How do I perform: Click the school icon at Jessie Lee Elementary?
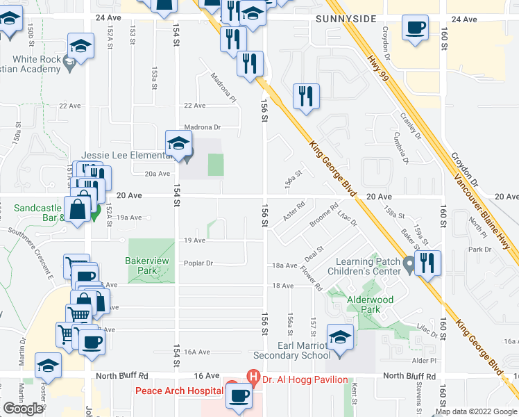178,142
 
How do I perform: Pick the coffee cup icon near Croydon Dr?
415,28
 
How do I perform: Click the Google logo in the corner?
23,409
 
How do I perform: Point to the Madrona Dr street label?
202,127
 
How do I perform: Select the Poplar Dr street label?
198,263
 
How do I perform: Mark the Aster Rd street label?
294,213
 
